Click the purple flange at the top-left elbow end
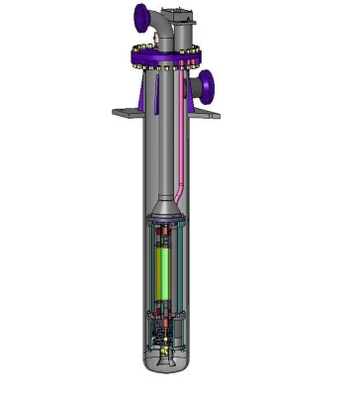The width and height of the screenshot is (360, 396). [141, 18]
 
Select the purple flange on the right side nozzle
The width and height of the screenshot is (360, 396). [210, 86]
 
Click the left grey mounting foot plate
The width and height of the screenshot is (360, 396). [128, 113]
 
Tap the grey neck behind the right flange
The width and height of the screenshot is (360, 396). [196, 87]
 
